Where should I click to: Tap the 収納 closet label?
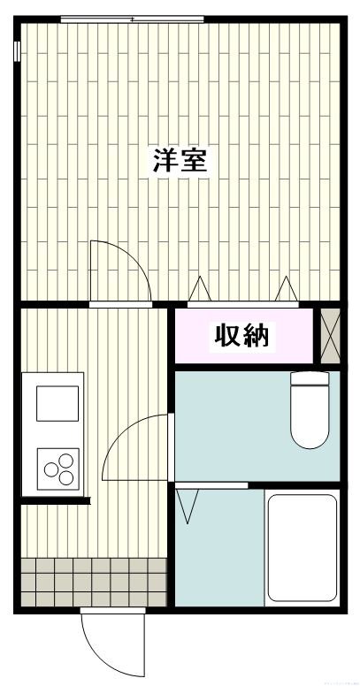click(x=241, y=336)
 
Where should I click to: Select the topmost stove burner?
click(x=64, y=460)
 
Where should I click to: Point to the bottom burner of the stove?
click(x=65, y=477)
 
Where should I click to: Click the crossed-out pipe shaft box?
click(x=330, y=336)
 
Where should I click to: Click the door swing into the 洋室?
click(x=116, y=271)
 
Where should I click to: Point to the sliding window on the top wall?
click(x=132, y=19)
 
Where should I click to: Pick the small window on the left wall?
click(x=17, y=51)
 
